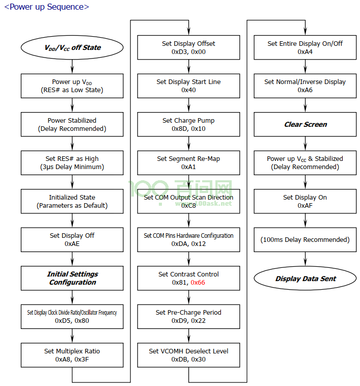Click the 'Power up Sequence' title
tap(47, 7)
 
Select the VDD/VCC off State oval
tap(72, 47)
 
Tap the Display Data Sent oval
tap(305, 278)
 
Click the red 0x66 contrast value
tap(198, 282)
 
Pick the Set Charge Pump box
tap(188, 124)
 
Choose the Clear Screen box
tap(305, 124)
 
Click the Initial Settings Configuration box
tap(72, 278)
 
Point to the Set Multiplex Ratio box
tap(72, 355)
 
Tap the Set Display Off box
tap(72, 240)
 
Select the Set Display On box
tap(305, 201)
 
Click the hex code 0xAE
tap(72, 244)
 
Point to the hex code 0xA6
tap(305, 90)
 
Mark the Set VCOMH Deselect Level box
tap(188, 355)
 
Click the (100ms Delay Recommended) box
tap(305, 240)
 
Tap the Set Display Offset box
tap(188, 47)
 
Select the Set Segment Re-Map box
tap(188, 163)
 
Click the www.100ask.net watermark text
tap(204, 203)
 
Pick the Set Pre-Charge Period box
tap(188, 317)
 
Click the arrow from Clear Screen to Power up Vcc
tap(306, 144)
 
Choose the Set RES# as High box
tap(72, 163)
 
